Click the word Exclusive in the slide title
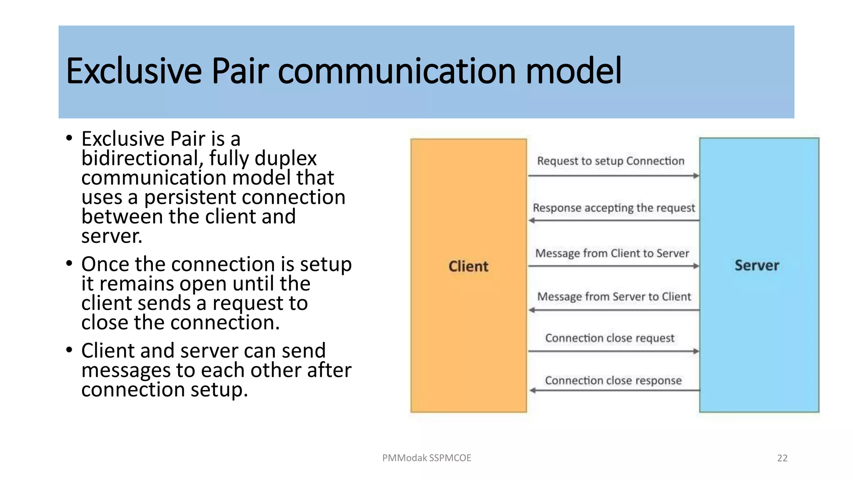(134, 71)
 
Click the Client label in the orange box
(468, 266)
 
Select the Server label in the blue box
(756, 265)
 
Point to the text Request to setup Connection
(610, 161)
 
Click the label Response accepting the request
(614, 207)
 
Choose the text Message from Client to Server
(612, 253)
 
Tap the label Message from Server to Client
(614, 297)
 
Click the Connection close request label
(609, 338)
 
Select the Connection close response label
(613, 380)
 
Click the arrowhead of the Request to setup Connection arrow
(696, 176)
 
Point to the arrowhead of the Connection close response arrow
(532, 390)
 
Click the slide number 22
(782, 458)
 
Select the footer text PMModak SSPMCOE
(426, 458)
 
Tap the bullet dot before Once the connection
(69, 263)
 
